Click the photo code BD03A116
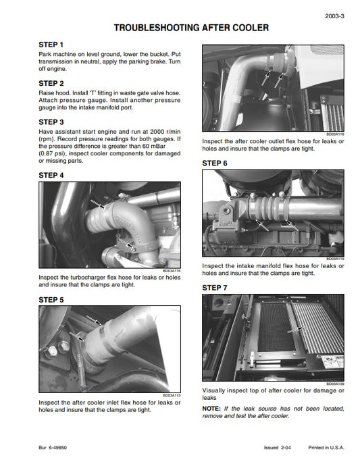point(172,272)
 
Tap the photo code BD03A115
point(172,395)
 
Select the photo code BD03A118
point(336,133)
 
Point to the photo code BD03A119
point(336,259)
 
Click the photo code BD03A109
point(336,384)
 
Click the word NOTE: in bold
point(212,409)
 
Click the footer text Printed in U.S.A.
point(326,448)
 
